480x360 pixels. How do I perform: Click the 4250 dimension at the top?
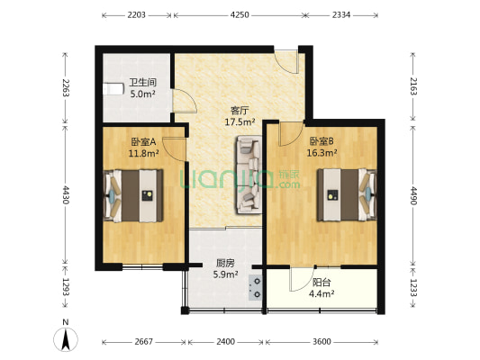tap(240, 15)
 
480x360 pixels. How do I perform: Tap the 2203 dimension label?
tap(136, 15)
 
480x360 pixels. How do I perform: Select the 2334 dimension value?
tap(341, 15)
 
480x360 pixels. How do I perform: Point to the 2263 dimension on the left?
tap(66, 88)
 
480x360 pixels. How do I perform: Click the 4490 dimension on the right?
tap(413, 195)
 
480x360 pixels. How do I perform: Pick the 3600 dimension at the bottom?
tap(322, 341)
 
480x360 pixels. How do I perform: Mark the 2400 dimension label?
tap(226, 341)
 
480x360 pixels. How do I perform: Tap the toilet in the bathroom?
tap(113, 89)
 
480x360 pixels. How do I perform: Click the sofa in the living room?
tap(249, 175)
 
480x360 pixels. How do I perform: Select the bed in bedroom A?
tap(133, 196)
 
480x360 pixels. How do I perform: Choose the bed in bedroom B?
tap(347, 194)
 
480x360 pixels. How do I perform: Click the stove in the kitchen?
tap(255, 287)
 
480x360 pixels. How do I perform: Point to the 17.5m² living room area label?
tap(240, 122)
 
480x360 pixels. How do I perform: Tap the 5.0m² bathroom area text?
tap(142, 94)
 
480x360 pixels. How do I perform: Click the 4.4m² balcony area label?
tap(322, 294)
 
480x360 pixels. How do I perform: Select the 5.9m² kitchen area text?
tap(226, 274)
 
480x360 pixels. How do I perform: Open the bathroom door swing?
tap(185, 101)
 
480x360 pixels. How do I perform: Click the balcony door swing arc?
tap(302, 280)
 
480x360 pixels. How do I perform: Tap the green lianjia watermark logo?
tap(240, 179)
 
